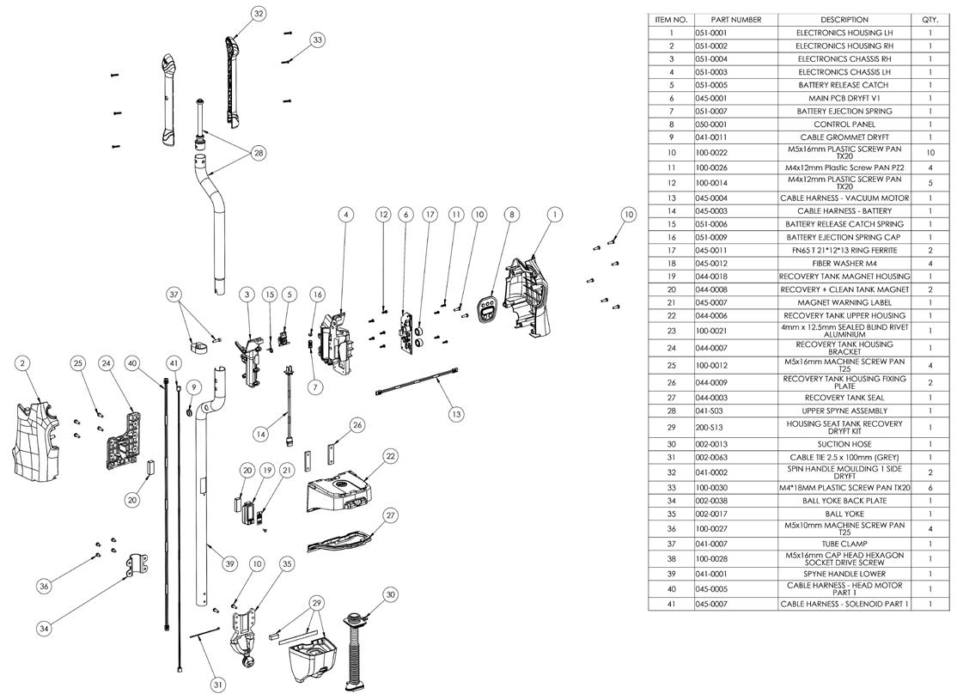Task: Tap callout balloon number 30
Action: tap(391, 593)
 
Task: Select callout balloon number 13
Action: tap(456, 413)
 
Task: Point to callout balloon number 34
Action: tap(44, 628)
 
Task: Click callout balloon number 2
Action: tap(21, 363)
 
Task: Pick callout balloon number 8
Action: tap(511, 214)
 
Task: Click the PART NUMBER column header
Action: tap(735, 20)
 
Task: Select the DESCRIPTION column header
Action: tap(844, 20)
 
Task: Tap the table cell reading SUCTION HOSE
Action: tap(844, 443)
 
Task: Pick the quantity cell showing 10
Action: tap(930, 151)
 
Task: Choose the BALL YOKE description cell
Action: tap(844, 513)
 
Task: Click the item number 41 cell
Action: tap(671, 604)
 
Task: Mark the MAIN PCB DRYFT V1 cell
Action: tap(844, 98)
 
